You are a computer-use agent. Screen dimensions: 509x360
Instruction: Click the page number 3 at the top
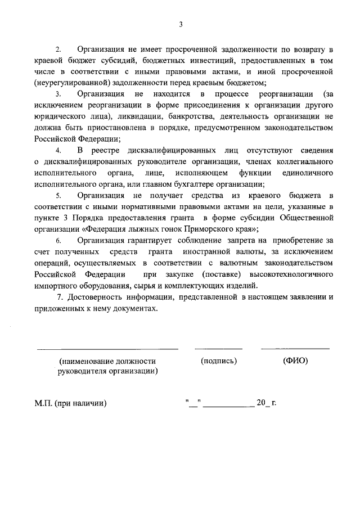pos(181,24)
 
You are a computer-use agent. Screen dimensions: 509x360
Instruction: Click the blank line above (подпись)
pos(218,349)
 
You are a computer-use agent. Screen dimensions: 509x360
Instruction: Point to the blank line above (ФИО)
pos(295,349)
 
